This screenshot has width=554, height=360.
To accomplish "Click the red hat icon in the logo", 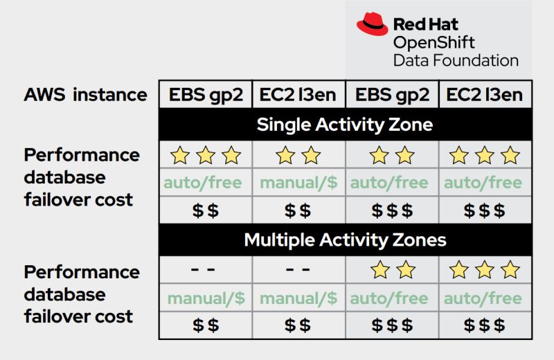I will [373, 25].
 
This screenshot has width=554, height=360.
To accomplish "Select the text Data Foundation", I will [456, 60].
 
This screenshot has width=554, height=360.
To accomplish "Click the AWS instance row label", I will [85, 95].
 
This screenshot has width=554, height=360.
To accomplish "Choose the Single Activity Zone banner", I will [345, 125].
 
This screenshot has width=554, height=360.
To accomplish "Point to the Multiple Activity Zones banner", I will [345, 240].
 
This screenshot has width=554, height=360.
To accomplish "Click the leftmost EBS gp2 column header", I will [206, 95].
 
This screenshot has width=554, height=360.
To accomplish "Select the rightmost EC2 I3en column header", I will [484, 95].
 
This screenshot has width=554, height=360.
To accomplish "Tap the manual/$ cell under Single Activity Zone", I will [298, 183].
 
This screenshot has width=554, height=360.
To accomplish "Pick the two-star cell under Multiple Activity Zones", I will [391, 270].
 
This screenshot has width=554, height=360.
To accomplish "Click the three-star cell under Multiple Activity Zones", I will [484, 270].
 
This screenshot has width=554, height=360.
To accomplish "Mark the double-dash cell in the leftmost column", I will [206, 270].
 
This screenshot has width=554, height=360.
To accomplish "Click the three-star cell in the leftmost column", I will [206, 155].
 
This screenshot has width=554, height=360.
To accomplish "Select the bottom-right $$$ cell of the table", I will [484, 325].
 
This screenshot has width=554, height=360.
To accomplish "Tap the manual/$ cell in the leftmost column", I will [206, 298].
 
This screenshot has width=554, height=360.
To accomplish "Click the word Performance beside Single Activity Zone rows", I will [82, 154].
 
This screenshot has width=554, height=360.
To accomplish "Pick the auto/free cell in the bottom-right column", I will [484, 298].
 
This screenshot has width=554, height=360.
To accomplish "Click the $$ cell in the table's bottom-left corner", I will [206, 325].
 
